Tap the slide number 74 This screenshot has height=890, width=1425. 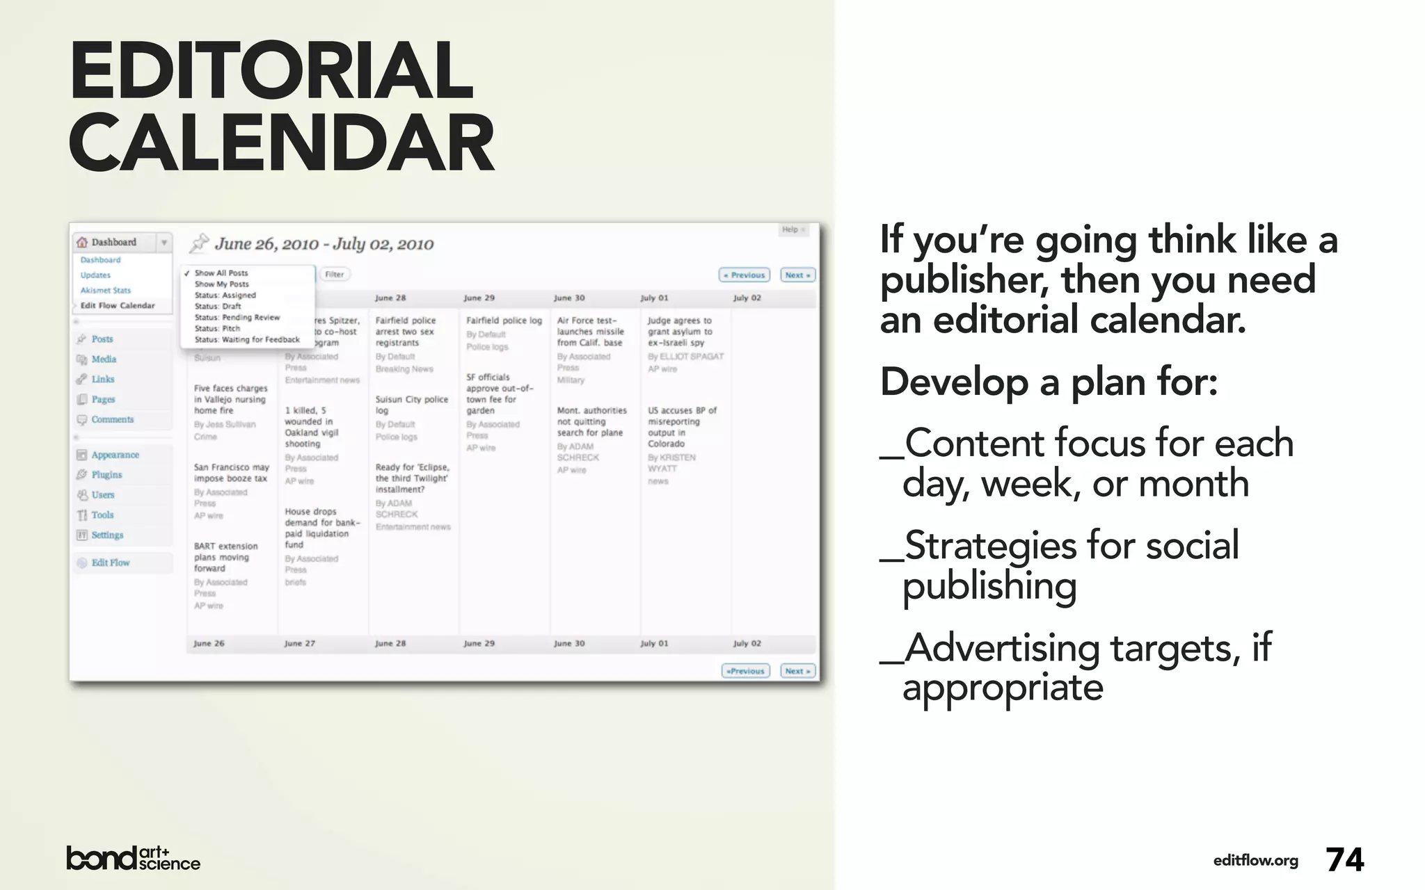(x=1344, y=860)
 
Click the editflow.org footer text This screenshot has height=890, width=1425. (x=1255, y=861)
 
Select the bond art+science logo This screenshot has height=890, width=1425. (x=133, y=859)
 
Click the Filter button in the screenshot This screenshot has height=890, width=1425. (x=335, y=275)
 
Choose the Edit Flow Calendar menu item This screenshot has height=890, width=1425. (x=118, y=306)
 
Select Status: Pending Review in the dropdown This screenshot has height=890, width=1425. (x=237, y=318)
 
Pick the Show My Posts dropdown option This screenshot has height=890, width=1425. (x=221, y=284)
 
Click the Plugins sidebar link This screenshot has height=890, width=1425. (x=106, y=475)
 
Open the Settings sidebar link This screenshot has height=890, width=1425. (x=107, y=535)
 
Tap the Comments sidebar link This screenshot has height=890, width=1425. (x=112, y=420)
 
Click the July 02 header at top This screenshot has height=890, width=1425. (x=747, y=298)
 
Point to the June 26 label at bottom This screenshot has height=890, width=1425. (x=209, y=644)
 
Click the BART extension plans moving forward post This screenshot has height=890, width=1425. (x=226, y=558)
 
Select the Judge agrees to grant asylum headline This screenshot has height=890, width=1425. (x=680, y=332)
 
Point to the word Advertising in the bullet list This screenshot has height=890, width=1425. (x=1002, y=648)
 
